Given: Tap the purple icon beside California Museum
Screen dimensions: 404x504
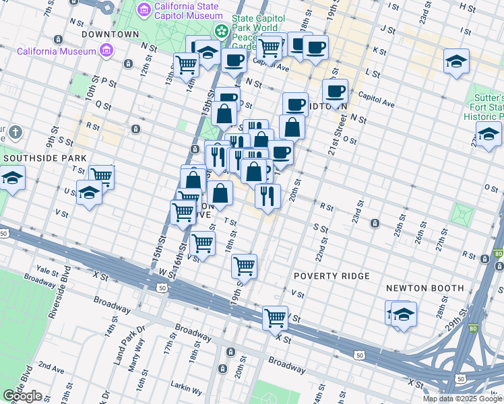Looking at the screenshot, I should tap(105, 50).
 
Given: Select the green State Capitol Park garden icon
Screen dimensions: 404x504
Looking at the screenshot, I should tap(221, 31).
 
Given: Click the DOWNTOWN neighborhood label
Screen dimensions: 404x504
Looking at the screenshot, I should tap(105, 34).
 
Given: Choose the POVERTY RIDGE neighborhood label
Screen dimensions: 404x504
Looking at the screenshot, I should tap(331, 276).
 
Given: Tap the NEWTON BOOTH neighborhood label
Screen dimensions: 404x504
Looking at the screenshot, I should tap(424, 288).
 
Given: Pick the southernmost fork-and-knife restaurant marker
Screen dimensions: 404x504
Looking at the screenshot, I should tap(267, 196).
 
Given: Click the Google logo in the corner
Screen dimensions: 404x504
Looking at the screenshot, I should tap(22, 396).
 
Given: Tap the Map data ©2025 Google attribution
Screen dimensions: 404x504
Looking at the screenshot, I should tap(462, 399).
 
